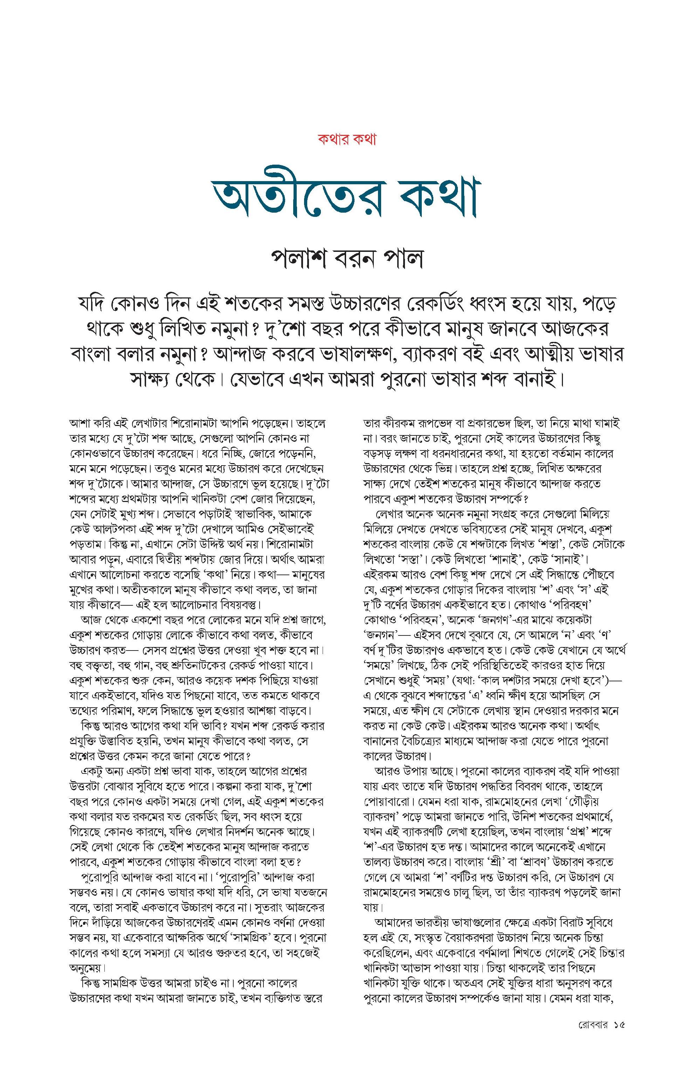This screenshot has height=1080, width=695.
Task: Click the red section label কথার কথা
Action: click(347, 139)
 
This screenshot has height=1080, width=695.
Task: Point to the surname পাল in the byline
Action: click(402, 260)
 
